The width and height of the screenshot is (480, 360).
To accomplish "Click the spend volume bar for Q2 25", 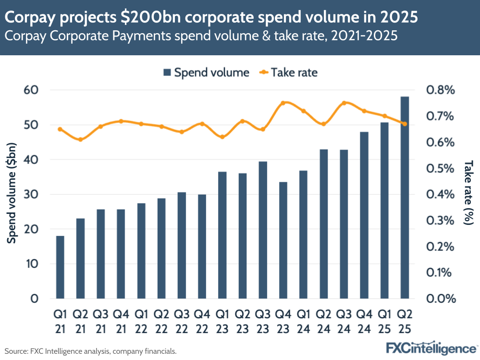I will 405,197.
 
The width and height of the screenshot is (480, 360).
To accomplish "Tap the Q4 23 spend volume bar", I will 283,240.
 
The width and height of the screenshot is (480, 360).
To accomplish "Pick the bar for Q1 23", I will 222,235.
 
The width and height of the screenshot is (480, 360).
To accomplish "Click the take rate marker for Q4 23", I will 283,103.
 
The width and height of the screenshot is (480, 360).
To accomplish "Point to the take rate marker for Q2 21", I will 80,140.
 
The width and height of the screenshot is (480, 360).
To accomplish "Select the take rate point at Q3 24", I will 344,103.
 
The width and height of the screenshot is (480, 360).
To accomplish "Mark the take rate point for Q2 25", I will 405,124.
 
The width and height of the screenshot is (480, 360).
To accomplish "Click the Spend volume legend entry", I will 206,73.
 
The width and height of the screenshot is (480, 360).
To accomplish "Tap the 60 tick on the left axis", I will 31,90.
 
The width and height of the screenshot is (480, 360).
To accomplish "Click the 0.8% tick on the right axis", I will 440,90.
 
